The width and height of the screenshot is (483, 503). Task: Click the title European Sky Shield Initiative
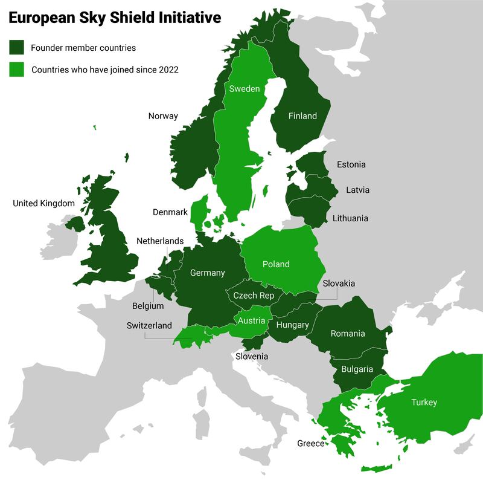click(x=115, y=19)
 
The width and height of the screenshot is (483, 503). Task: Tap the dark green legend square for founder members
click(x=16, y=48)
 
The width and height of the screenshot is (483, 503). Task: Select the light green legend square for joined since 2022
click(x=16, y=70)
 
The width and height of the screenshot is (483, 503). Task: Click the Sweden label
click(x=244, y=89)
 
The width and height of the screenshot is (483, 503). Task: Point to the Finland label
click(x=302, y=116)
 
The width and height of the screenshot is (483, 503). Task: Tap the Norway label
click(x=163, y=116)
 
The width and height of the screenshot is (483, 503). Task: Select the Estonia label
click(x=351, y=164)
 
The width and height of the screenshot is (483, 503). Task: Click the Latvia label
click(x=357, y=190)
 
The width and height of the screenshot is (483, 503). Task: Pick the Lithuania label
click(x=350, y=218)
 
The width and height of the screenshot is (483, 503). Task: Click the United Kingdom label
click(x=43, y=204)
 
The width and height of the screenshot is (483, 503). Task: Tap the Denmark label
click(x=170, y=212)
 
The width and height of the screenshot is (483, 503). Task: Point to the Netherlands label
click(x=159, y=241)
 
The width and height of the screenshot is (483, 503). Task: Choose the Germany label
click(x=207, y=273)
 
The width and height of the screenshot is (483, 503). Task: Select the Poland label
click(x=276, y=264)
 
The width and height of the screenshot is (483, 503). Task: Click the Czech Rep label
click(x=254, y=296)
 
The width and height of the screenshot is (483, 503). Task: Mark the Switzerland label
click(x=149, y=325)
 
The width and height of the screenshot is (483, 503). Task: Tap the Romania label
click(x=347, y=333)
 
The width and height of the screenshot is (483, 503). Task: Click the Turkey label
click(x=424, y=402)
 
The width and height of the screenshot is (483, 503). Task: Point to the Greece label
click(x=310, y=444)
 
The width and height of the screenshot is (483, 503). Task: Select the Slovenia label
click(x=252, y=357)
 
